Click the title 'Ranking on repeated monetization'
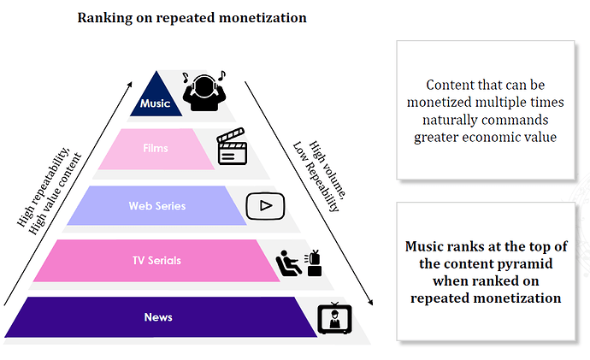point(192,18)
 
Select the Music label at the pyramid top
point(155,103)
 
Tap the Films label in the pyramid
point(156,148)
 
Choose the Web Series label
point(157,206)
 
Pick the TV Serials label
point(157,260)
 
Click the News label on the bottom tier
point(158,317)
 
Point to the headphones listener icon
point(204,91)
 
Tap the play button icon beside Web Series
point(265,206)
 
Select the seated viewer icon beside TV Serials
point(298,263)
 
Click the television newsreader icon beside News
point(335,318)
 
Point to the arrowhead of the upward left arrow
point(130,84)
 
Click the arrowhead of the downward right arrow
point(371,302)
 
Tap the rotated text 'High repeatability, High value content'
point(49,191)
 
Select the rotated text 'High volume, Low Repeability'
point(320,176)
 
